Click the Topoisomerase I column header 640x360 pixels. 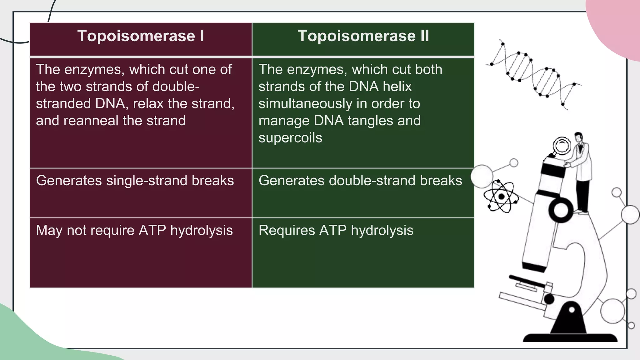tap(141, 36)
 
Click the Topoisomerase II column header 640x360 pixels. tap(363, 36)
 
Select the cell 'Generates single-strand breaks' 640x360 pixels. tap(135, 181)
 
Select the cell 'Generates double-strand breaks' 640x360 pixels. tap(360, 181)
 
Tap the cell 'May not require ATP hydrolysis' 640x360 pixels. tap(134, 231)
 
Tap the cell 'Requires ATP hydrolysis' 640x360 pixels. tap(336, 231)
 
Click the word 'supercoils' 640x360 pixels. tap(290, 138)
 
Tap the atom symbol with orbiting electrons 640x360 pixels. tap(501, 197)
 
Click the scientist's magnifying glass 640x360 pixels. tap(562, 146)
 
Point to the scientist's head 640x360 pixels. tap(578, 137)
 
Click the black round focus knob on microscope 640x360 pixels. tap(561, 210)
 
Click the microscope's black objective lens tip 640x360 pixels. tap(534, 267)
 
